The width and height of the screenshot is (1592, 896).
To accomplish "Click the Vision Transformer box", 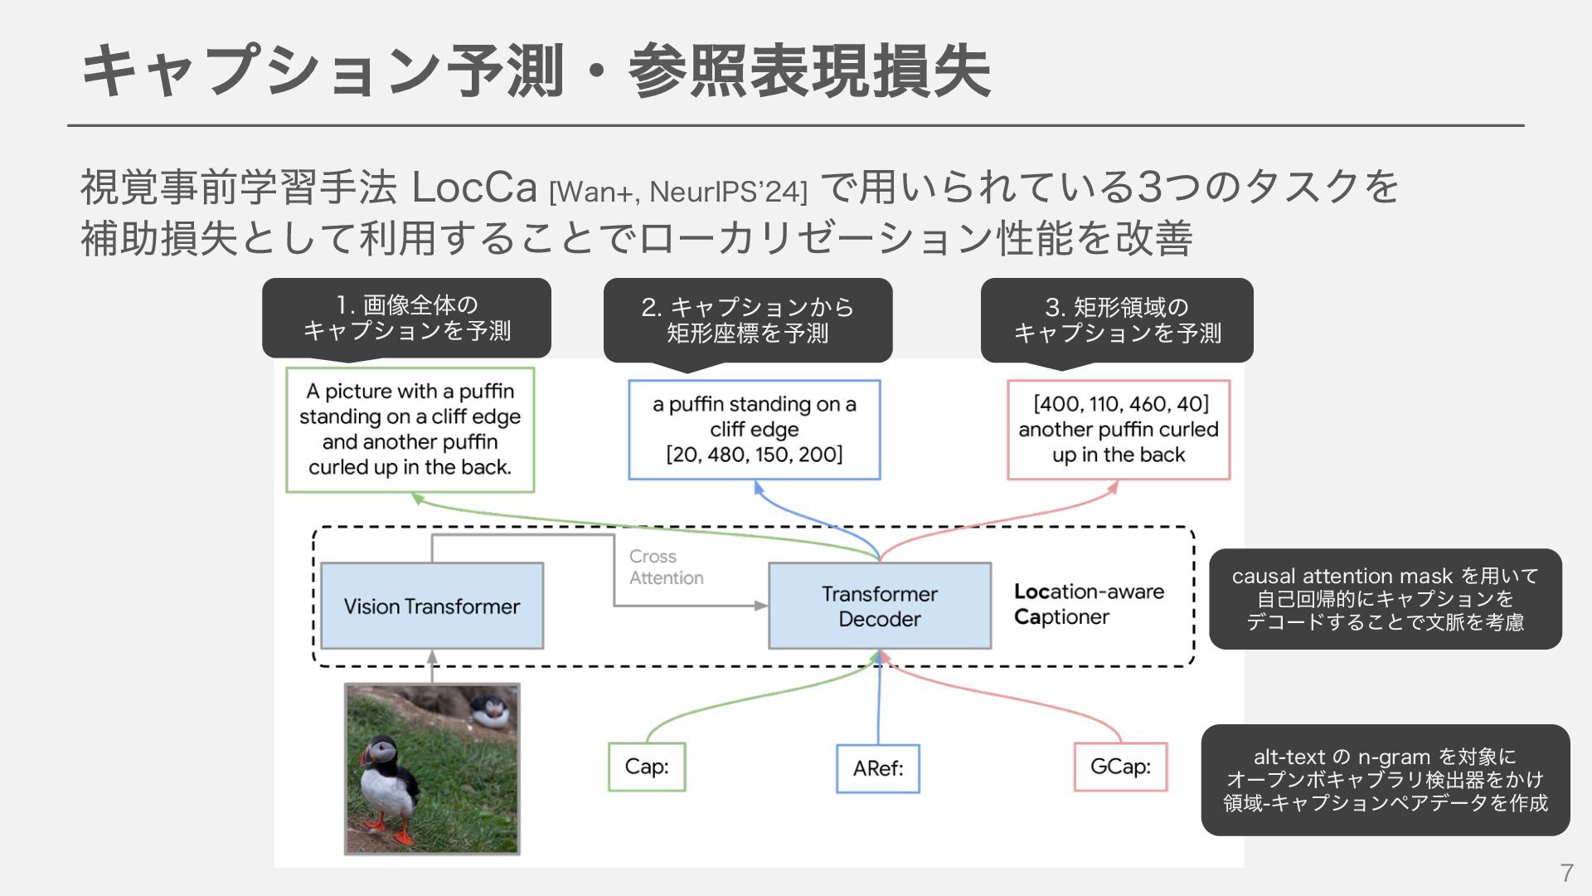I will click(431, 606).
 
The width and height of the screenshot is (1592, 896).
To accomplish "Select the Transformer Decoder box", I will click(879, 606).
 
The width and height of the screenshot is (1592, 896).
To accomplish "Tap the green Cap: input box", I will click(647, 767).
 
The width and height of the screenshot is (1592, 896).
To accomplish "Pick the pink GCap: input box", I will click(1120, 767).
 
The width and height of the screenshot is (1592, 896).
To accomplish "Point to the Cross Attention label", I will click(665, 567).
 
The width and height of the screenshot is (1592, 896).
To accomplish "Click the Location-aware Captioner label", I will click(1088, 604).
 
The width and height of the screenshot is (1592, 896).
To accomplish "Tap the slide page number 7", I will click(1565, 873).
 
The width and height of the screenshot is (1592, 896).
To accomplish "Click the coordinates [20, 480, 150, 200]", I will click(754, 455).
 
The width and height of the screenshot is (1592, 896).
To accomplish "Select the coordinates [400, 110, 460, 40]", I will click(1120, 404).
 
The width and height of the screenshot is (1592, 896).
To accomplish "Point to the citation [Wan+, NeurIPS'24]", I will click(677, 192).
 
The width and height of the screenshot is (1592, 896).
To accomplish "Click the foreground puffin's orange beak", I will click(366, 756).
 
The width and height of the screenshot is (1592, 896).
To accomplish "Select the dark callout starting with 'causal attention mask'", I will click(1385, 598).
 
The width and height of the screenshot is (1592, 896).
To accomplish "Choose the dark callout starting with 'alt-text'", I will click(1385, 780).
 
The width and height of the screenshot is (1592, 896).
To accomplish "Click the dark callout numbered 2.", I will click(747, 319).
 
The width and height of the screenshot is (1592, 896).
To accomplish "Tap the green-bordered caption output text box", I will click(410, 430).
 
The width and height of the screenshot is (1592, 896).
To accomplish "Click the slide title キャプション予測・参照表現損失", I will click(536, 71).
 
